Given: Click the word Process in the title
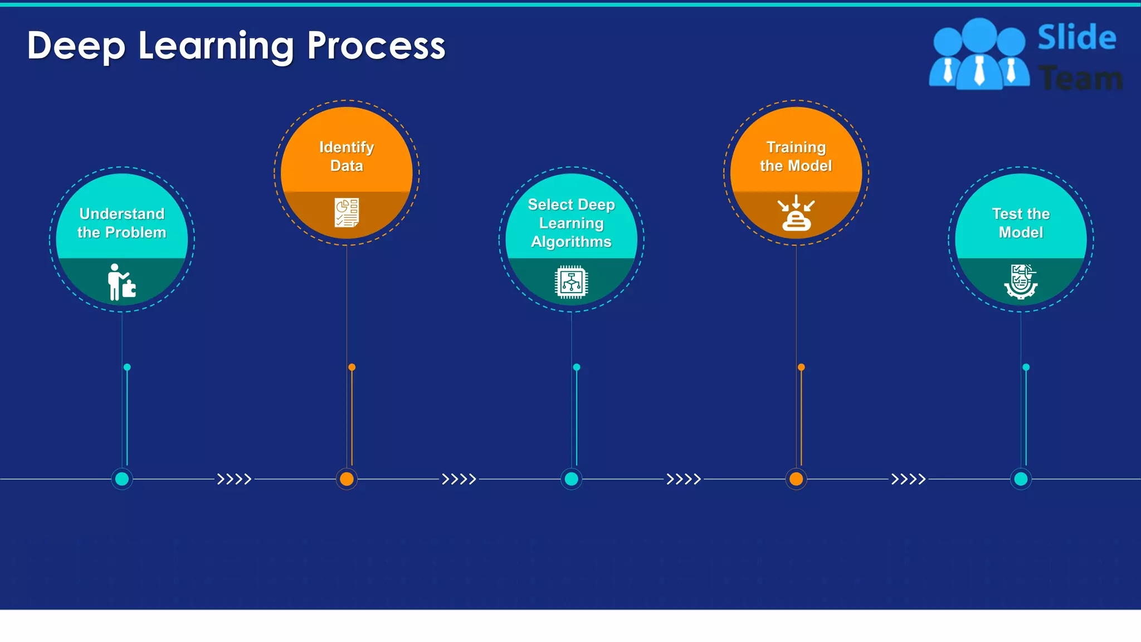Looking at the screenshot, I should pos(376,46).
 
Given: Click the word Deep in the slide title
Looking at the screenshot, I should pos(76,47).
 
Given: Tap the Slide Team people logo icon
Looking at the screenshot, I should pos(979,55).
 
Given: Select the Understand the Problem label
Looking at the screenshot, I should pos(121,223).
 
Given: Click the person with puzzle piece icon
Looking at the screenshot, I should pos(121,282).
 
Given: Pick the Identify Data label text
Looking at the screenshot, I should pos(347,157).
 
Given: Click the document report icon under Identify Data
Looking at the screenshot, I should pos(347,212).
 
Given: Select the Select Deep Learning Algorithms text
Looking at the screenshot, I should pos(571,223).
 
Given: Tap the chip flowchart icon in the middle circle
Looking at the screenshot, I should pos(571,282).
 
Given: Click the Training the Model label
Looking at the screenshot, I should pos(796,157).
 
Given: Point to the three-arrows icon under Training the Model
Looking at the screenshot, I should pos(796,213).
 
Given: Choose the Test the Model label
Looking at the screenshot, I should pos(1021,223).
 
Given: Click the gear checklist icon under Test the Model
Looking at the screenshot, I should pos(1021,281).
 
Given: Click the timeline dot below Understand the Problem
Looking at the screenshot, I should pos(122,479).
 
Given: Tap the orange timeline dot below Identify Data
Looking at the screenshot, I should pos(347,479).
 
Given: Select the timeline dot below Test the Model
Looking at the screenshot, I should pos(1021,479).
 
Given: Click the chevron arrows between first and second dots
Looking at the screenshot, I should pos(234,479).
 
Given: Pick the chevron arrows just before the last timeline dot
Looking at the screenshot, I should pos(908,479).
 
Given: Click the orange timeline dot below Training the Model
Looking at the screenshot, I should pos(796,479).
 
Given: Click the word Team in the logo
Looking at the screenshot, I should pos(1080,78).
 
